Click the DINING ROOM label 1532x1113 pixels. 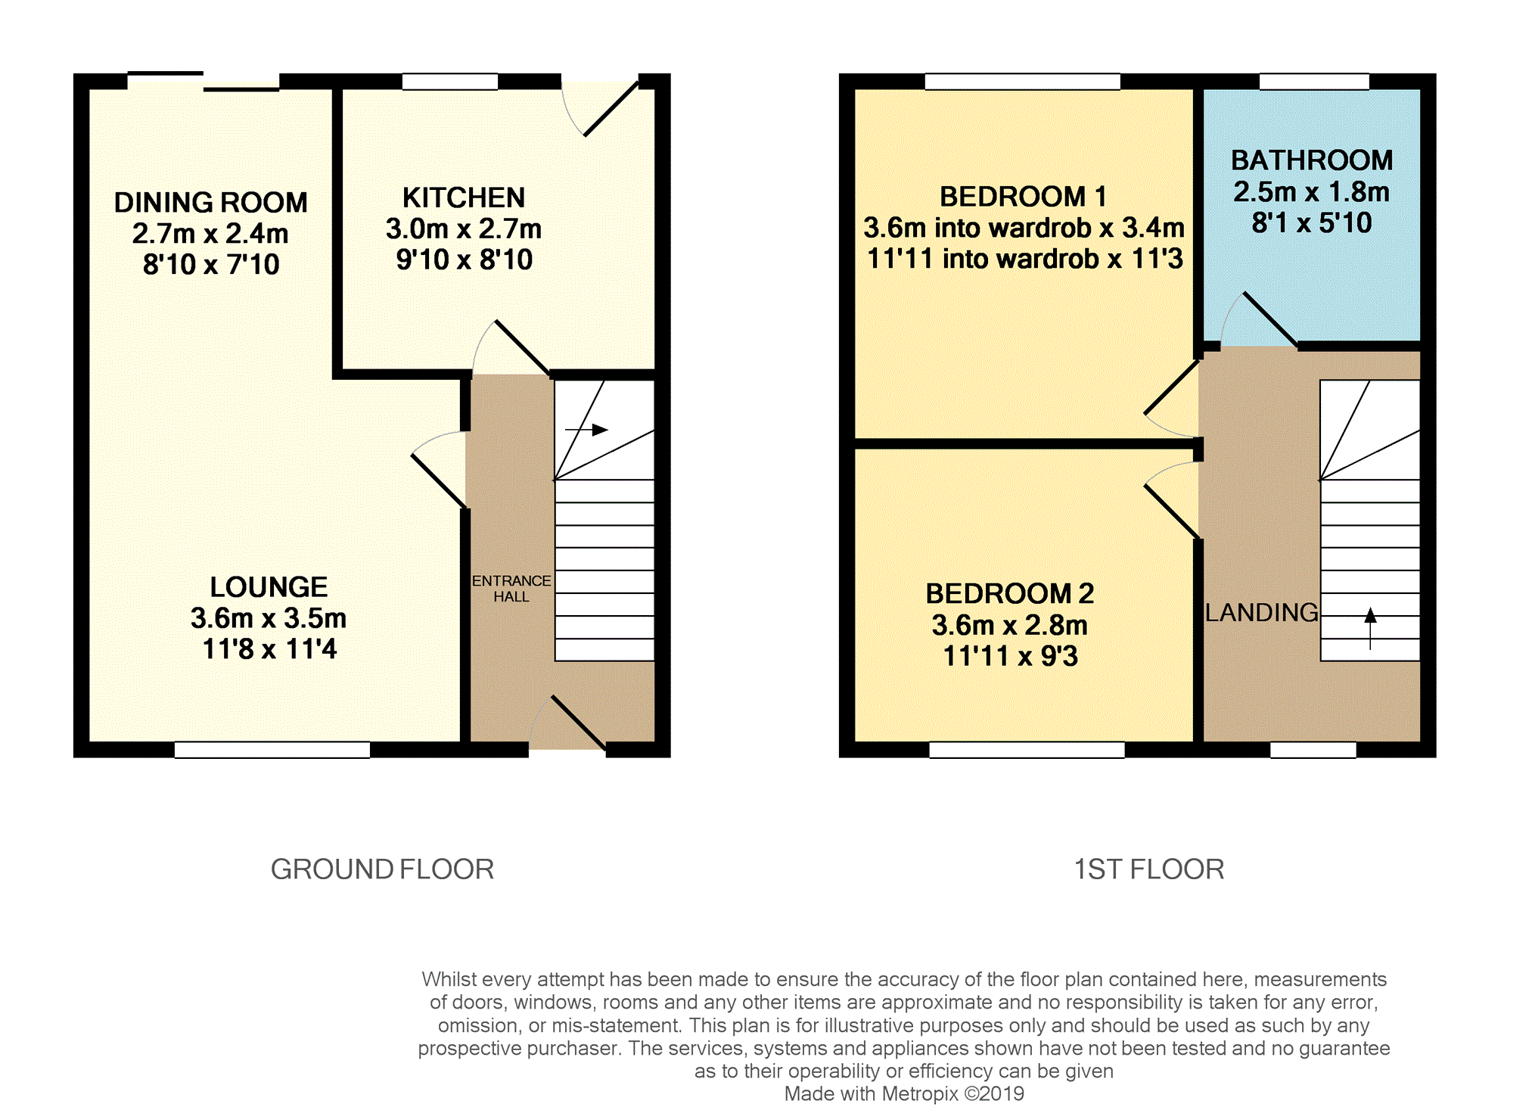[210, 203]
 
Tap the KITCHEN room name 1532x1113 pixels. [464, 197]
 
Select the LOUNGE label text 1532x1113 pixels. [269, 587]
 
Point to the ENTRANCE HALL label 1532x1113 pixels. [511, 589]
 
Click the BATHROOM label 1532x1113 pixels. [1312, 160]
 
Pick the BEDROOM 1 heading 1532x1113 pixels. [1023, 197]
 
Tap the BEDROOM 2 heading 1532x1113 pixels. [1010, 594]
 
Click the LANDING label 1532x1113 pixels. [1261, 612]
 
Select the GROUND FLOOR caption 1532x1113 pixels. [382, 869]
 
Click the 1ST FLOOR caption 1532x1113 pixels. [1149, 869]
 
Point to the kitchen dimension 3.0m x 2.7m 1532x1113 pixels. [464, 229]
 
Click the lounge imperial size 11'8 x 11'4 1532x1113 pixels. [269, 649]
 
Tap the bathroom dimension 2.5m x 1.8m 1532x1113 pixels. [1312, 192]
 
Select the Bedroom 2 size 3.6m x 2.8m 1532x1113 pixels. [1010, 626]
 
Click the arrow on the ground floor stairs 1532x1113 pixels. [587, 430]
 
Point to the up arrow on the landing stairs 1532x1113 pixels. [1370, 628]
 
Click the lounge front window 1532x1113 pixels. [272, 749]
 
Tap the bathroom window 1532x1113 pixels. [1314, 82]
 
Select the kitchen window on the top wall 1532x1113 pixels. [450, 82]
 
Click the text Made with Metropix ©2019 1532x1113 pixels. [904, 1094]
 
